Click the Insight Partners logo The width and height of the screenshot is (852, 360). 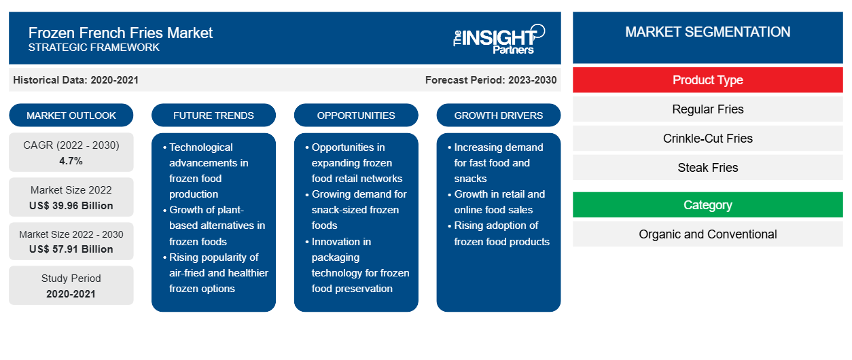[x=499, y=39]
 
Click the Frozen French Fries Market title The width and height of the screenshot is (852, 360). [x=120, y=33]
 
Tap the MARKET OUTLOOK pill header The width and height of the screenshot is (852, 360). [x=71, y=115]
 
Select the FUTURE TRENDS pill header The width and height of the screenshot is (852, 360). [x=213, y=115]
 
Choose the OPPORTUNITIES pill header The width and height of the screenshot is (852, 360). [x=356, y=115]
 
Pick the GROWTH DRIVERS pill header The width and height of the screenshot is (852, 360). [x=498, y=115]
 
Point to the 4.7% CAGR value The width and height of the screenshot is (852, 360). [x=71, y=161]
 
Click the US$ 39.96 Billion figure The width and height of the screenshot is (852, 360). [x=71, y=206]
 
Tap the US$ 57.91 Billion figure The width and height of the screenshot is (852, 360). [x=71, y=249]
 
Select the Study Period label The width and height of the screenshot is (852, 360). [x=71, y=278]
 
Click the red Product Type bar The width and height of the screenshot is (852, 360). [x=708, y=80]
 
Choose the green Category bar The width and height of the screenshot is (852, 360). [x=708, y=205]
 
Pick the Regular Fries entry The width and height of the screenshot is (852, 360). [x=708, y=109]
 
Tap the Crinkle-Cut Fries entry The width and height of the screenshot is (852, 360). [x=708, y=139]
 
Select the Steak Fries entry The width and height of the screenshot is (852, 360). [x=708, y=167]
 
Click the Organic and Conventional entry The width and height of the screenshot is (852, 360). [x=708, y=234]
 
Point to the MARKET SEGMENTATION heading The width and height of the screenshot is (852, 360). [x=708, y=32]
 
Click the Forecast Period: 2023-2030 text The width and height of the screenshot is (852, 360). [x=491, y=80]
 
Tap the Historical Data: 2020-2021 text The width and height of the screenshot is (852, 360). [x=75, y=80]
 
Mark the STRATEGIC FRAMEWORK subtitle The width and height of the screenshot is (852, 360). [x=94, y=48]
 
